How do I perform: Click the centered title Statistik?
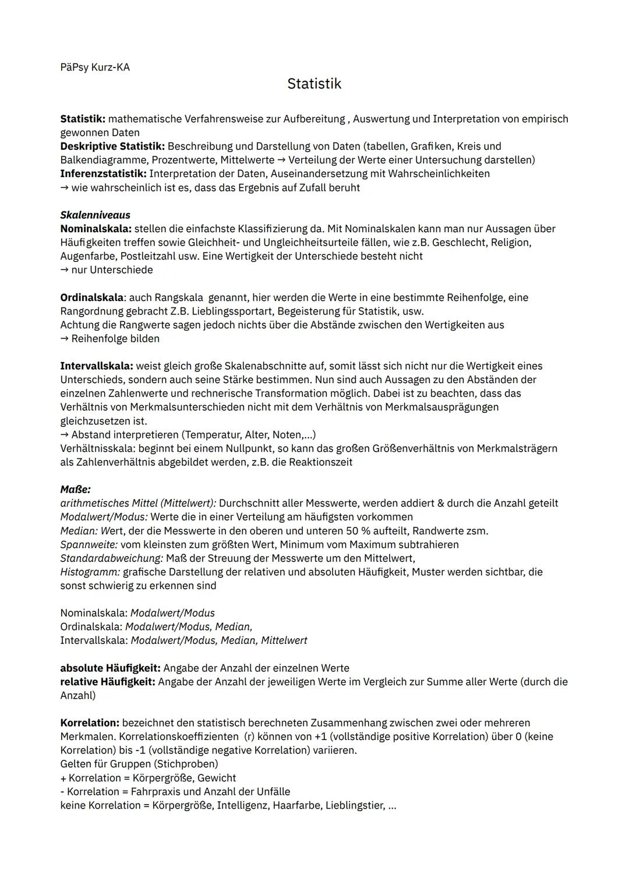pyautogui.click(x=314, y=84)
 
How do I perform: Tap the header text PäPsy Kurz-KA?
pyautogui.click(x=95, y=68)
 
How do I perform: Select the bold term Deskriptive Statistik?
pyautogui.click(x=112, y=146)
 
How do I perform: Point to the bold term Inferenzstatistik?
pyautogui.click(x=103, y=173)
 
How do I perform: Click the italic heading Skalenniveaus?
pyautogui.click(x=95, y=215)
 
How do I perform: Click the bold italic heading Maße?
pyautogui.click(x=75, y=490)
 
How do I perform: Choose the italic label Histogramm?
pyautogui.click(x=90, y=572)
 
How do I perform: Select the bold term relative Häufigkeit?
pyautogui.click(x=107, y=682)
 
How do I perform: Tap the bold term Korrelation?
pyautogui.click(x=90, y=723)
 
